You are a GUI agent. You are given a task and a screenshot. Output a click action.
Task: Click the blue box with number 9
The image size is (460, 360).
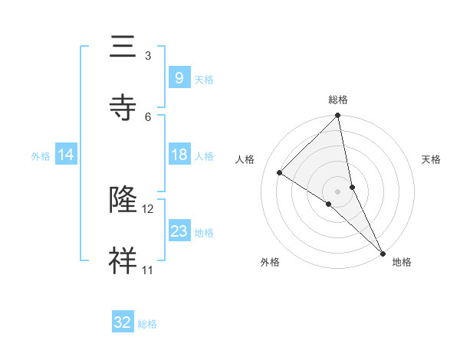click(x=179, y=77)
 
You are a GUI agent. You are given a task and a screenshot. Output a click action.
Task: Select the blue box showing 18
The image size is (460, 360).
click(x=179, y=155)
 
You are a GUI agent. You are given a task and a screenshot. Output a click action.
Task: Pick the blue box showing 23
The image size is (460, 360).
click(x=179, y=231)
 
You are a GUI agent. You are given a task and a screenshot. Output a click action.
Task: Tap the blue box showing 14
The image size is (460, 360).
click(x=66, y=155)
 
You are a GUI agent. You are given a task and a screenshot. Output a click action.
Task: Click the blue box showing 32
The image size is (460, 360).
click(x=122, y=322)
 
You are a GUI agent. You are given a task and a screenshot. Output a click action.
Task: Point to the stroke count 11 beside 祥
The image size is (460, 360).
click(x=148, y=270)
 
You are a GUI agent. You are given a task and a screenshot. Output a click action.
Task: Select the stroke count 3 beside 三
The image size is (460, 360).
click(x=148, y=56)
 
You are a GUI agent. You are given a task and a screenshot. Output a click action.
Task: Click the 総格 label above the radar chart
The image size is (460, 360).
click(x=338, y=100)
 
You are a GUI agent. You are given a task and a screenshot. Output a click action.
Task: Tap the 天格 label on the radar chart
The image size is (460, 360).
click(x=431, y=159)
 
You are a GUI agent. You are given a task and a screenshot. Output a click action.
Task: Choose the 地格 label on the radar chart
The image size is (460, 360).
click(x=402, y=262)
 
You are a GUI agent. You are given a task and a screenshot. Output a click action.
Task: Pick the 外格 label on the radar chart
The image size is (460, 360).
click(x=270, y=262)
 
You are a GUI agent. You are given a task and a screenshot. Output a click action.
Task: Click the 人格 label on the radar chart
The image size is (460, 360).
click(x=245, y=159)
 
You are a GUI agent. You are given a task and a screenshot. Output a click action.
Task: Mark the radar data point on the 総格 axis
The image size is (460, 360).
click(x=338, y=116)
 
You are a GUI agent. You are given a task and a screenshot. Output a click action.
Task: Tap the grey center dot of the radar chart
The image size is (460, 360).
click(x=338, y=190)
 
